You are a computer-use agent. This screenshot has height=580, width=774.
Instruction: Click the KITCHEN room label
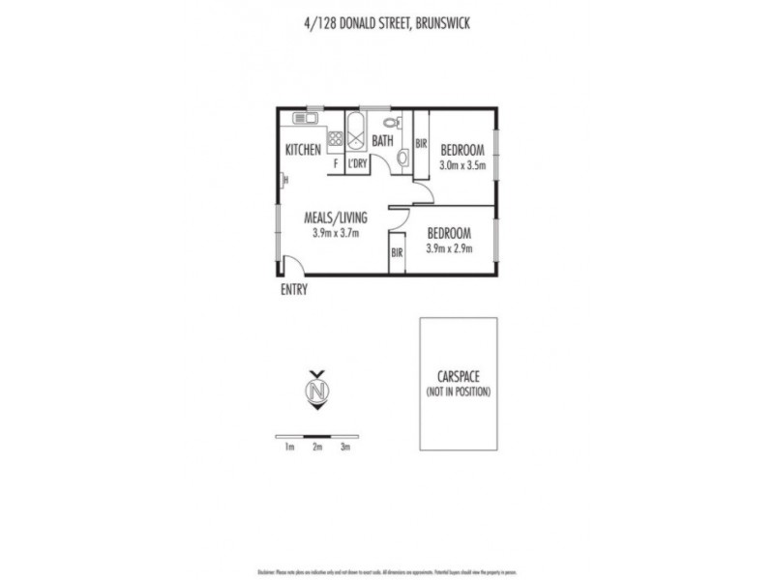coord(303,150)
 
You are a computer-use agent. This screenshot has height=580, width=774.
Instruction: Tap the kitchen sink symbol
coord(307,119)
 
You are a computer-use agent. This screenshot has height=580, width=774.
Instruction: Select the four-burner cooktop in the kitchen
coord(335,138)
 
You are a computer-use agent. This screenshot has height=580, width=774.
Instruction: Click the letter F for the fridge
coord(336,164)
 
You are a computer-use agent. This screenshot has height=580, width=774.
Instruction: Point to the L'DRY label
coord(357,164)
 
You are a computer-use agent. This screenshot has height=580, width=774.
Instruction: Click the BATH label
coord(383,141)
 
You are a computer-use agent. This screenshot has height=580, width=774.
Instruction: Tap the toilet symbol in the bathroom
coord(392,124)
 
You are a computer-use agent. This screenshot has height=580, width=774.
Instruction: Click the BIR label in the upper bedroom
coord(421,144)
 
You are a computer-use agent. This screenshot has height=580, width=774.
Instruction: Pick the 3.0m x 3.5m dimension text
coord(461,165)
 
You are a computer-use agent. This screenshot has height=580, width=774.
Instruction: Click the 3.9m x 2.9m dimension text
coord(448,248)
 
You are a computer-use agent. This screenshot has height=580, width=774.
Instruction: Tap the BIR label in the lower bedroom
coord(397,253)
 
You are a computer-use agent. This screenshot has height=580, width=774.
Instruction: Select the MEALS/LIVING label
coord(336,217)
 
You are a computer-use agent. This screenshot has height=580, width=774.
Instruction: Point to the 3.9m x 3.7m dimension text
coord(336,233)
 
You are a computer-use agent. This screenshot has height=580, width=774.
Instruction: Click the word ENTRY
coord(293,288)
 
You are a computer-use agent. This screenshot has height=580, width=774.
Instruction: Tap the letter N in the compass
coord(316,391)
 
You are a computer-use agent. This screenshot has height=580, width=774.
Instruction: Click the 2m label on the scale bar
coord(316,447)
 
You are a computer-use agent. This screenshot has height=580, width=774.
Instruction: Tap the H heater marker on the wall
coord(284,179)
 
